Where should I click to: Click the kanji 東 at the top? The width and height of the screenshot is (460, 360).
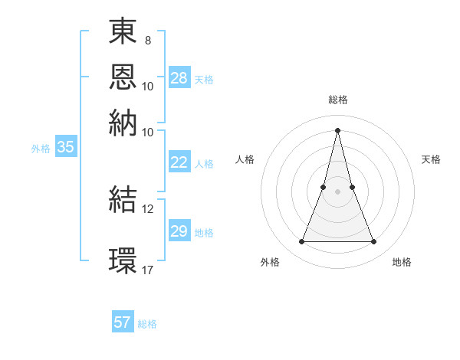(123, 33)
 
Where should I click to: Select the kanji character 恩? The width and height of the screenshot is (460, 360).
(123, 78)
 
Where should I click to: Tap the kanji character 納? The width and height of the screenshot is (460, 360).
(123, 123)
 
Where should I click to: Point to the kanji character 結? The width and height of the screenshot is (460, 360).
(123, 201)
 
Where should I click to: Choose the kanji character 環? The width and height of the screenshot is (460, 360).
(123, 259)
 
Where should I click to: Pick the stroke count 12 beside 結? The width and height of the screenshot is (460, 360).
(148, 208)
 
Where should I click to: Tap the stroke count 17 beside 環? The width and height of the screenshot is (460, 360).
(148, 270)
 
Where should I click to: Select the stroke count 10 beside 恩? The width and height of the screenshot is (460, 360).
(148, 86)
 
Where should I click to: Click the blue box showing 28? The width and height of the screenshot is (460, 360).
(179, 78)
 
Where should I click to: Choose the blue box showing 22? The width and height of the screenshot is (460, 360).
(179, 162)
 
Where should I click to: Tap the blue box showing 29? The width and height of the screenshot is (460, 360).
(179, 231)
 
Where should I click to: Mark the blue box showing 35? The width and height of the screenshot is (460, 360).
(65, 148)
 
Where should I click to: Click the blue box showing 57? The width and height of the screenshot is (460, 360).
(123, 322)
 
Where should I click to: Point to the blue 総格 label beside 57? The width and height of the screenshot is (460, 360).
(147, 324)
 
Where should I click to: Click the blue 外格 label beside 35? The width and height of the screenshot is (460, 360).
(41, 149)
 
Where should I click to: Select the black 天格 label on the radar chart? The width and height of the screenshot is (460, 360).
(431, 159)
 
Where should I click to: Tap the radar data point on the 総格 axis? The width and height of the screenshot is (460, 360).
(337, 130)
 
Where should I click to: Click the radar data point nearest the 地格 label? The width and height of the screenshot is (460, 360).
(374, 242)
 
